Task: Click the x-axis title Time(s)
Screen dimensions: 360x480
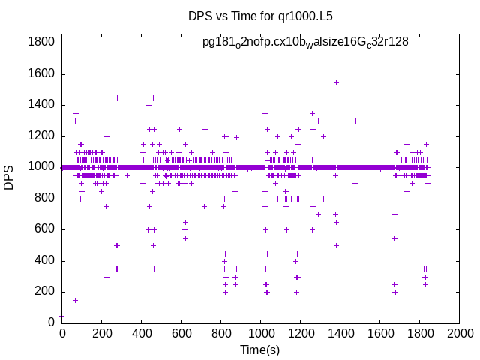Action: click(260, 349)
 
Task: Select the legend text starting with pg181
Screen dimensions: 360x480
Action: click(305, 42)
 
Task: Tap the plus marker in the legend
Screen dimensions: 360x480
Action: click(431, 43)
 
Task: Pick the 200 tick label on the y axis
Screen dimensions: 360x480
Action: click(44, 292)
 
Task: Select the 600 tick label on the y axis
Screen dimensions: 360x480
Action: click(44, 229)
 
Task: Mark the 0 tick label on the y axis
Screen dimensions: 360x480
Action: click(51, 322)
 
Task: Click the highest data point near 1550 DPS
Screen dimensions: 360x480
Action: click(336, 82)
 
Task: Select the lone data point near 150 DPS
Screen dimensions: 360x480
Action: click(75, 300)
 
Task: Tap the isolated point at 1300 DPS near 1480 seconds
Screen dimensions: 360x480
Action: click(355, 121)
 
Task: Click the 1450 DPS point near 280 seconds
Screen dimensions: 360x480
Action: click(117, 97)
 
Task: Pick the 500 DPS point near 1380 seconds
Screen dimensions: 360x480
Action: click(336, 245)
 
